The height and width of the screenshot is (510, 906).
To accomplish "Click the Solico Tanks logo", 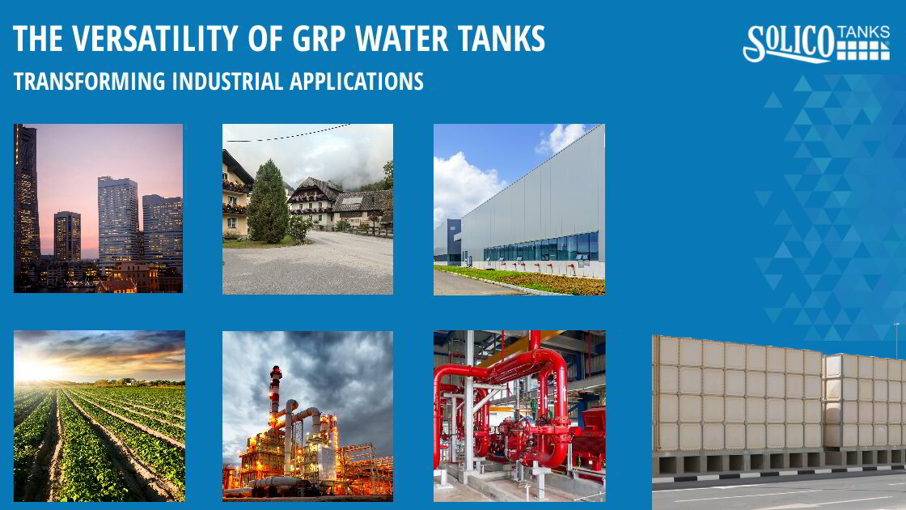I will (x=815, y=43).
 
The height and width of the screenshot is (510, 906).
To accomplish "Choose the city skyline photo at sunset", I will (x=98, y=208).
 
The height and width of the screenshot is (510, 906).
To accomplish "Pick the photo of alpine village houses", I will (x=307, y=209).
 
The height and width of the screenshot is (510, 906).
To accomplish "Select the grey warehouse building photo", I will (x=519, y=209).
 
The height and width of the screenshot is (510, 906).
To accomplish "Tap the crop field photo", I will (x=99, y=415).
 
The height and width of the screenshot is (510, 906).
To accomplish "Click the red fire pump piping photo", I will (x=519, y=415).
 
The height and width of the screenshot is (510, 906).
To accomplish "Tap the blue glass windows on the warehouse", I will (x=542, y=249).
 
